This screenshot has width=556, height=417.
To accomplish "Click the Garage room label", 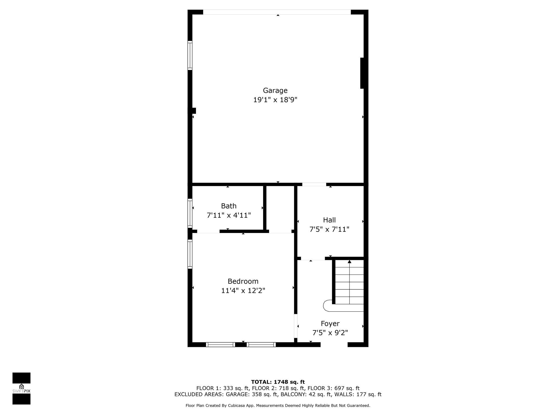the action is (x=275, y=90).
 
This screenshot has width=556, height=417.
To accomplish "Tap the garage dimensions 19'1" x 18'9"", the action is (x=275, y=100).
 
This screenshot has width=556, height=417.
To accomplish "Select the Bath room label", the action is (x=229, y=206).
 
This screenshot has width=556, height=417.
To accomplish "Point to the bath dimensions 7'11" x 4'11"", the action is (x=229, y=216).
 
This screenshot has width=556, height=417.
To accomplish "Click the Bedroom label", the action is (x=243, y=281).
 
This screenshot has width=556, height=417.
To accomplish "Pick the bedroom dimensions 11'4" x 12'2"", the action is (x=243, y=291).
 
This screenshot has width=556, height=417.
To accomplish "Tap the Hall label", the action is (x=329, y=220).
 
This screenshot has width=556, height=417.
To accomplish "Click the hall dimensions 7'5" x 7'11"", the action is (x=329, y=229).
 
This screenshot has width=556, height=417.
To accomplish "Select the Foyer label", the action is (x=330, y=324).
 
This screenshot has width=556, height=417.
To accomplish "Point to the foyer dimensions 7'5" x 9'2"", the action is (x=330, y=333).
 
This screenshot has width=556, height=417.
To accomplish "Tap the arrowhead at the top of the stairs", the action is (x=349, y=262).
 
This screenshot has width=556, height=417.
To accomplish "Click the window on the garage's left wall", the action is (x=190, y=55).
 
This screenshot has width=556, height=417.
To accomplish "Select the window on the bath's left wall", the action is (x=190, y=213).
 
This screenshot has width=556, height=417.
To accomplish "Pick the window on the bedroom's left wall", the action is (x=190, y=254).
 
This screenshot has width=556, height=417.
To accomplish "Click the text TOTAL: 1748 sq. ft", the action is (x=278, y=382).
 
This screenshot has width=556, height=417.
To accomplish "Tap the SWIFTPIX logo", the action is (x=21, y=388).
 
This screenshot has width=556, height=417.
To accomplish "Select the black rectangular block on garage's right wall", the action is (x=362, y=73).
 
